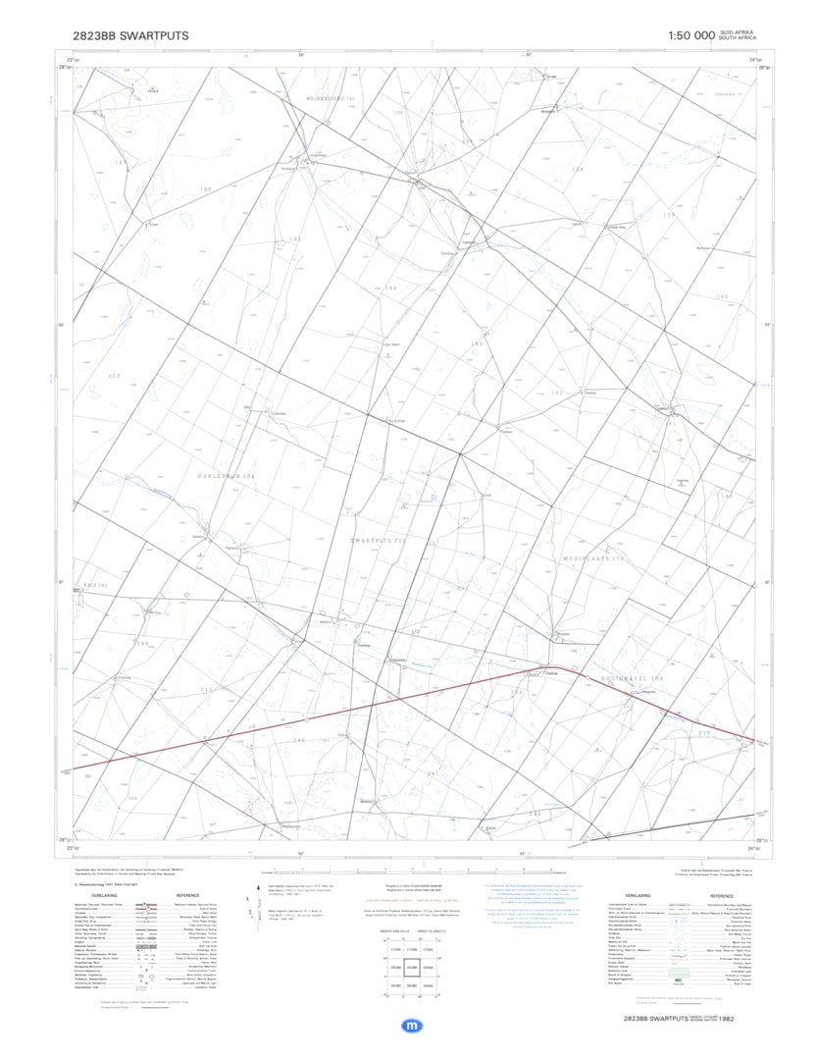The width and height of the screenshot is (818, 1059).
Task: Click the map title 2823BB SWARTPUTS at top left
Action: (130, 36)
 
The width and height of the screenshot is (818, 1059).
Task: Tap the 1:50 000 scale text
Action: (691, 36)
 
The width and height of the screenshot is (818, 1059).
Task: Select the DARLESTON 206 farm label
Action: (227, 476)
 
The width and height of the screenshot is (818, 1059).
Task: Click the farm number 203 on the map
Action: (114, 376)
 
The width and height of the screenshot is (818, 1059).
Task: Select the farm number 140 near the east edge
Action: (723, 296)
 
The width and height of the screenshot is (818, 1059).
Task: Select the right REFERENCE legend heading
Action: (188, 896)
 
